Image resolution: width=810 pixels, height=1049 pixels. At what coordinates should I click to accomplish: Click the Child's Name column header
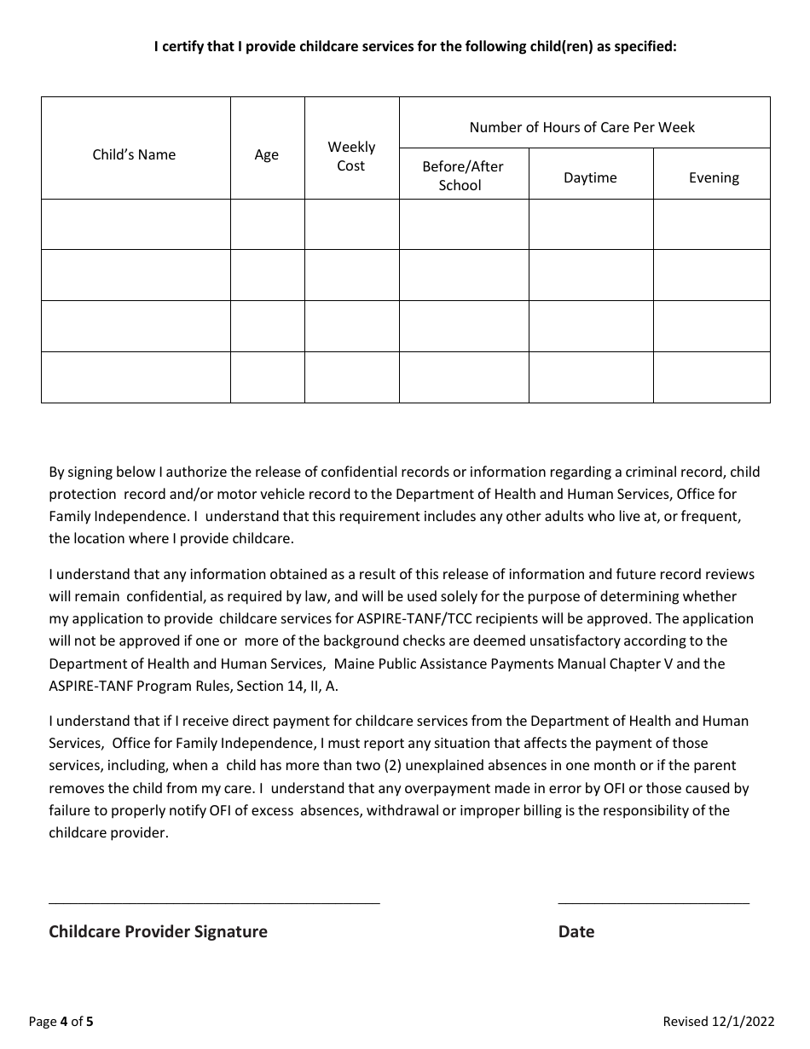click(134, 154)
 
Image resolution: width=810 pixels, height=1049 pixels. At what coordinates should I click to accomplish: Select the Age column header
click(267, 154)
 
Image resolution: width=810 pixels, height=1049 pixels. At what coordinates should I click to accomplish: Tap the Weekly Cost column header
click(351, 156)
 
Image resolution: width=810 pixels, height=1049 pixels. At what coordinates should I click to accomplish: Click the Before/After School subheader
click(463, 176)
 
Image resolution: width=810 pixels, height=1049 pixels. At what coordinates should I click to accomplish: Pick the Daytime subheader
click(590, 177)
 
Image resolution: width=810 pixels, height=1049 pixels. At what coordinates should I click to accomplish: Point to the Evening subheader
click(714, 177)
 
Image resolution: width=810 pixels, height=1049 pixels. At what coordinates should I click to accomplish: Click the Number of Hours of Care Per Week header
click(582, 127)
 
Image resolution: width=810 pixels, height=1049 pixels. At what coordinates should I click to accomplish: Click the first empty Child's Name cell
click(136, 224)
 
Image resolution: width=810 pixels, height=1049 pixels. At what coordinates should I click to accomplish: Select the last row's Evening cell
click(711, 377)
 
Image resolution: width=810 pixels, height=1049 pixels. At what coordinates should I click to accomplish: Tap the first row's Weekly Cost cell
click(351, 224)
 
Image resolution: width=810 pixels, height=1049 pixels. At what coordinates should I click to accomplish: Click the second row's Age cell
click(267, 275)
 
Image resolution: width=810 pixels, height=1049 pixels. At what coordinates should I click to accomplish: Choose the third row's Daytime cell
click(590, 326)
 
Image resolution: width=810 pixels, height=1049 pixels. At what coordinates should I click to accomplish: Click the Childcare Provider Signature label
click(158, 931)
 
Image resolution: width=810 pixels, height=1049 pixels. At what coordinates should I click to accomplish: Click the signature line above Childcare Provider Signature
click(214, 901)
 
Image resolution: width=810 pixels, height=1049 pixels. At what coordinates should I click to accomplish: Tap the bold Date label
click(576, 931)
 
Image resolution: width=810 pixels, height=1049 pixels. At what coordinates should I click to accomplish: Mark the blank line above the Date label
click(653, 901)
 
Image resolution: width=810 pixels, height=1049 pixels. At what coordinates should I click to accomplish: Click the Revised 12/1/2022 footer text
click(718, 1022)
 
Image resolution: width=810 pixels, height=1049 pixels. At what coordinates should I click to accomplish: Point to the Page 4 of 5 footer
click(61, 1022)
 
